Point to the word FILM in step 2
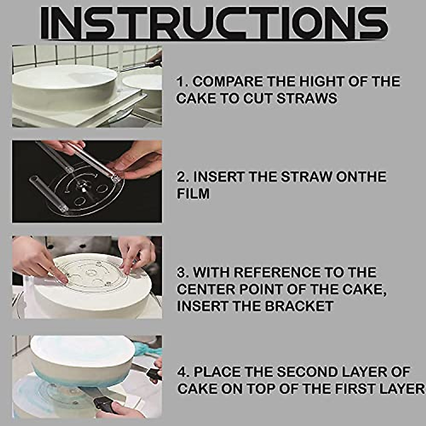tap(193, 194)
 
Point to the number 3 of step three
tap(181, 272)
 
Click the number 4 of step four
tap(182, 372)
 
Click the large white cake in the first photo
tap(64, 85)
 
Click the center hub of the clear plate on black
tap(84, 185)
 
